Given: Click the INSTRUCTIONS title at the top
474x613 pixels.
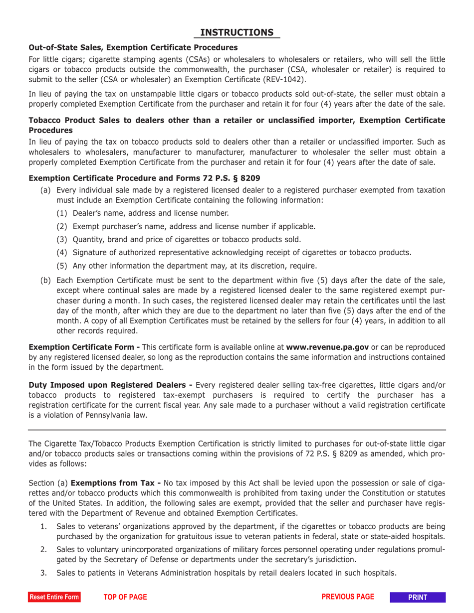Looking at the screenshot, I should pos(237,32).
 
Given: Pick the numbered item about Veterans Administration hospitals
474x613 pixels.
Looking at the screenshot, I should pos(227,573).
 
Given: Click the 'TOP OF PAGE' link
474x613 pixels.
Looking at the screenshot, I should pos(125,597).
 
